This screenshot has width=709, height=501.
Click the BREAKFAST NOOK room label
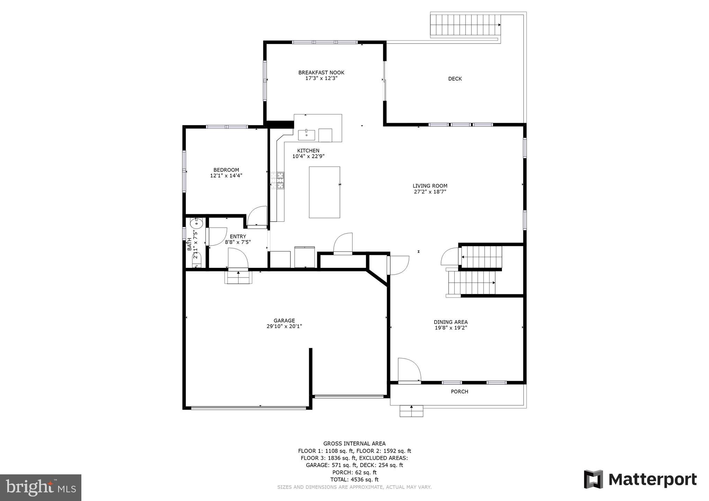321,73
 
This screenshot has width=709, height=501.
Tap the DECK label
455,79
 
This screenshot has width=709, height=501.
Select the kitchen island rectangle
324,192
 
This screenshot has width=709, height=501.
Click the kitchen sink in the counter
306,135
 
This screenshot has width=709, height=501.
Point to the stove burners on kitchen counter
277,180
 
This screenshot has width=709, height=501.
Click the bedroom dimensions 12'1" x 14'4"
226,176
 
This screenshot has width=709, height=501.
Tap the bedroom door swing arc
258,216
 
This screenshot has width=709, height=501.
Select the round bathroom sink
196,222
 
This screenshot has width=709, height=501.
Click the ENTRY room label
238,237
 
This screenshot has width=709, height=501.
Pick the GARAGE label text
284,321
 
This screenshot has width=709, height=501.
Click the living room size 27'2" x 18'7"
430,192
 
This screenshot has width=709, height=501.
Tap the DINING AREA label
451,322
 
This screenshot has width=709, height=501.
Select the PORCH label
459,392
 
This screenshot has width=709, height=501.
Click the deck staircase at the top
465,25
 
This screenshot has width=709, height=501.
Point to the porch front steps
411,411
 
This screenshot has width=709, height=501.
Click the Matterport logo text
652,480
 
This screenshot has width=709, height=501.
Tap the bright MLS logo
41,488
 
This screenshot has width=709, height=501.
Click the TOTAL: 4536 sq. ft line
354,480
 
